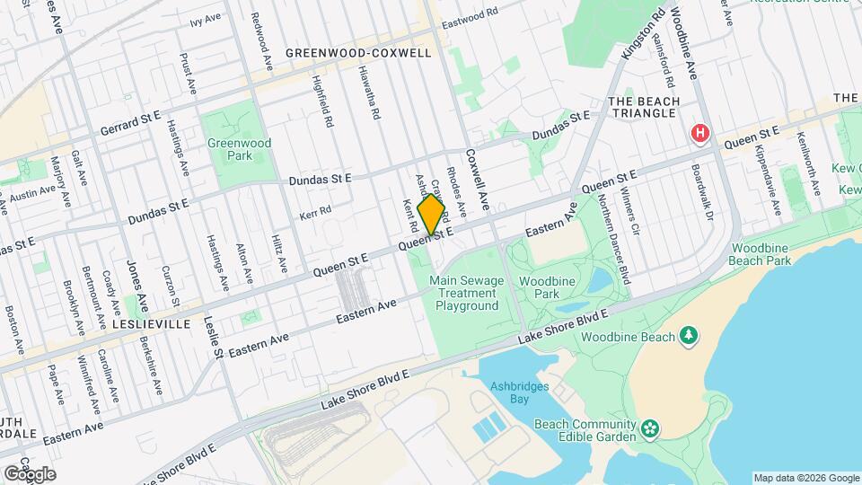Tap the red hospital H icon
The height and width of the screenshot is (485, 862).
coord(700,134)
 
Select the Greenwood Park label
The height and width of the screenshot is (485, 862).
coord(239,148)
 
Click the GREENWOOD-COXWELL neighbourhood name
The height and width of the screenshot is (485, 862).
coord(358,53)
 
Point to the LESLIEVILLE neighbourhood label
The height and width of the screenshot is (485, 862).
coord(152,323)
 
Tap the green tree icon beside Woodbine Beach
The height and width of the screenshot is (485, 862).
coord(689,335)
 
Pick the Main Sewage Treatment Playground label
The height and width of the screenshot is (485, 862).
coord(467,293)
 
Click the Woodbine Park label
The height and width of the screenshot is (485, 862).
coord(546,287)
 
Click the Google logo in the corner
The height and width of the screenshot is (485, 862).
coord(29,473)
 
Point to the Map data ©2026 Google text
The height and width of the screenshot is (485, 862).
coord(805,478)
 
